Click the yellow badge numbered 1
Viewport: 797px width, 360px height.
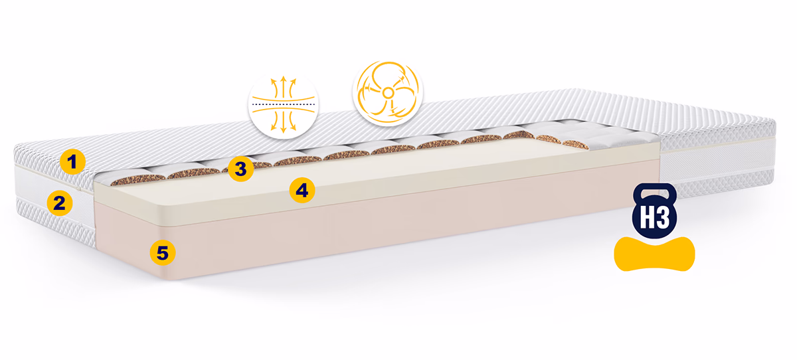point(72,162)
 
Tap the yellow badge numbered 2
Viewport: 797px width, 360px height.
point(59,203)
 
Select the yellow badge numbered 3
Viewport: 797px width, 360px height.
point(241,169)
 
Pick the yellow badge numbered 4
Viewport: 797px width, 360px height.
point(302,191)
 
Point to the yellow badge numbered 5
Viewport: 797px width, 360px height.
point(163,253)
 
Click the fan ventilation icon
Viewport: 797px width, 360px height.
point(388,93)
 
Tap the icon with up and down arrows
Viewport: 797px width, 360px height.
point(283,104)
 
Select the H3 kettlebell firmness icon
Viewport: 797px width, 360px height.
point(655,211)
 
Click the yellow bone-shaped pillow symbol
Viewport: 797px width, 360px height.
point(654,254)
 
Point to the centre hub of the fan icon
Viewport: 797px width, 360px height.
point(388,94)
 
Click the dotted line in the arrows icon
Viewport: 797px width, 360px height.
point(283,104)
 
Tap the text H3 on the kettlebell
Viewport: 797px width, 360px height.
point(655,217)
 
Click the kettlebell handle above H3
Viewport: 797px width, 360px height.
point(655,191)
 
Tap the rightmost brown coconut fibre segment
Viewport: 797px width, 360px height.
point(575,144)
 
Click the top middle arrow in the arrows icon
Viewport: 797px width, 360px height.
point(283,86)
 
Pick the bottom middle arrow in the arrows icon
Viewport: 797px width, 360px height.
point(283,123)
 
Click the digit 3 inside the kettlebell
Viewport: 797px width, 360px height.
point(663,217)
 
